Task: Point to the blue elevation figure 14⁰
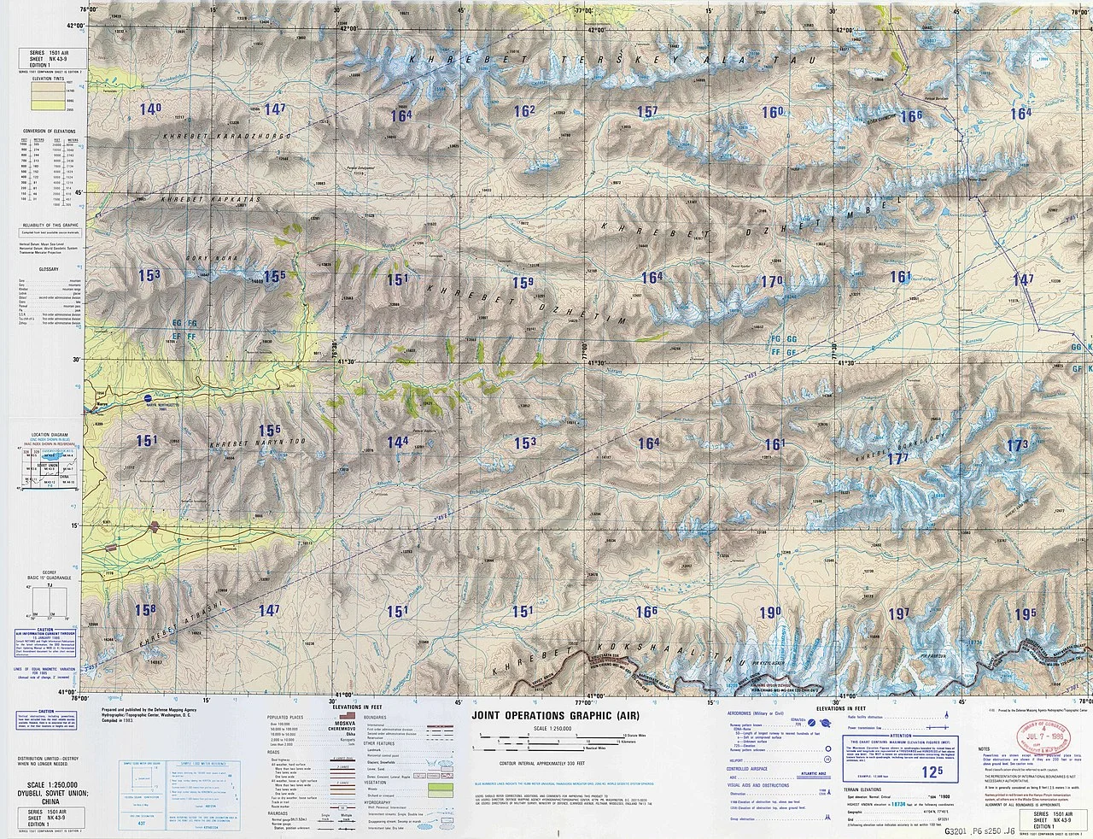[x=150, y=109]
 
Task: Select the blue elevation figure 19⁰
[x=770, y=612]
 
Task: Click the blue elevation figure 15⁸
[x=145, y=609]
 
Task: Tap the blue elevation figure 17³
[x=1016, y=445]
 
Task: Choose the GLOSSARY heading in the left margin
[x=41, y=267]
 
